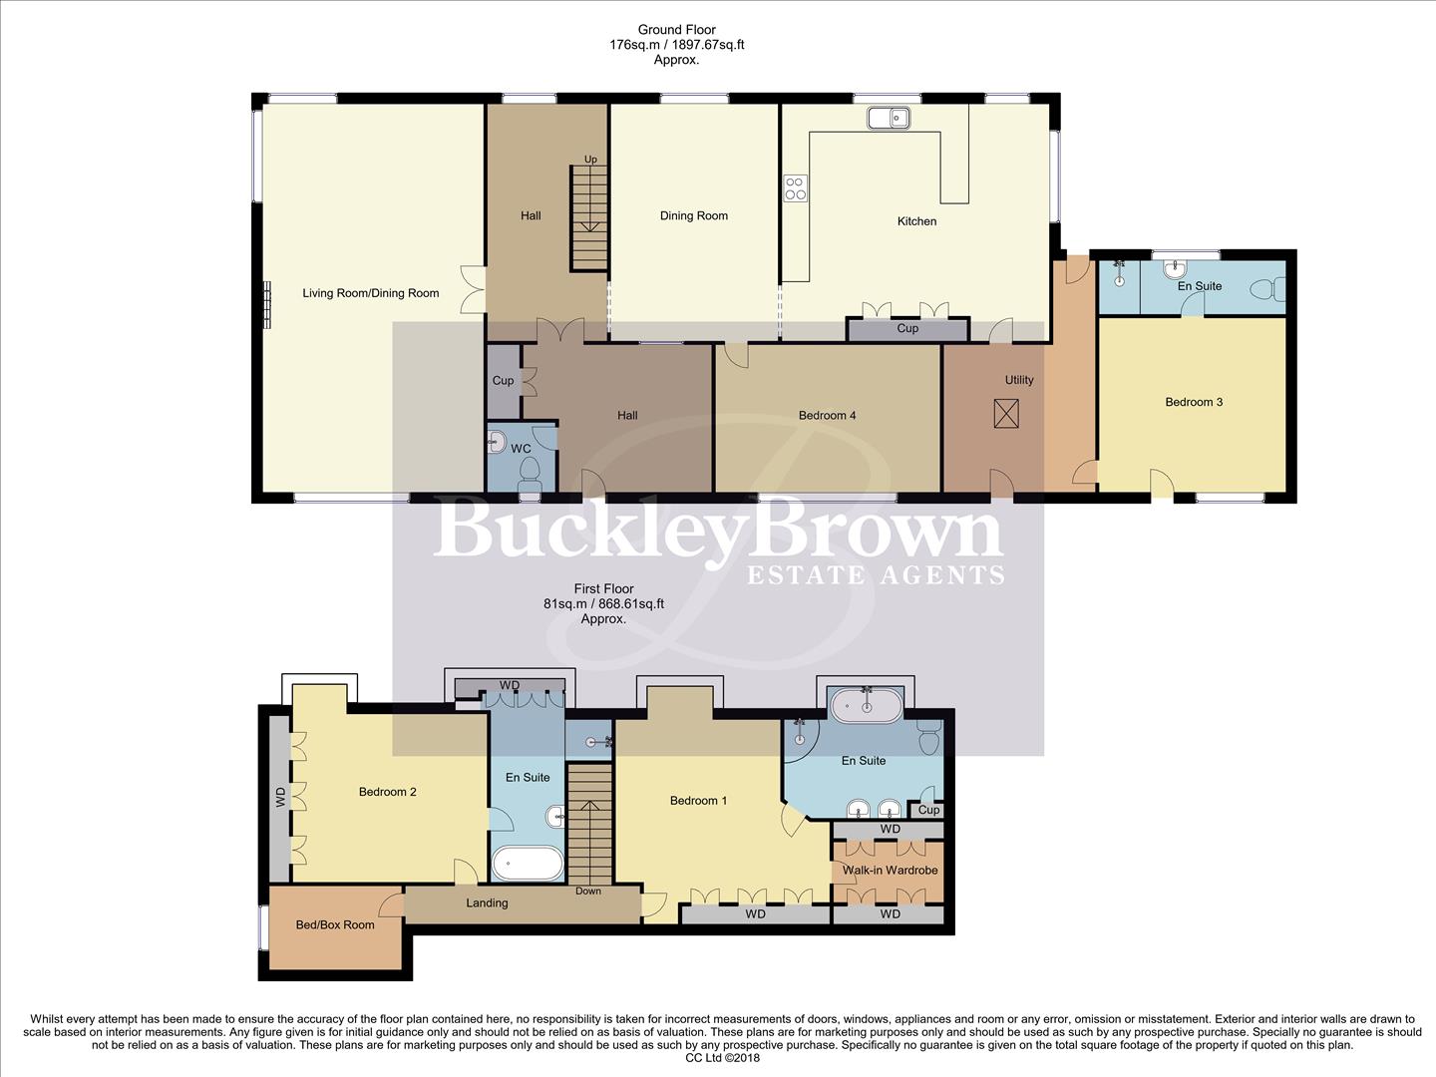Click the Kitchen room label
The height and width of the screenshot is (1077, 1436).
click(x=916, y=221)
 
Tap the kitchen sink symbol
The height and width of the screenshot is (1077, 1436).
click(x=889, y=118)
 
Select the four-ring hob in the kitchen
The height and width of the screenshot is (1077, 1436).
click(x=796, y=188)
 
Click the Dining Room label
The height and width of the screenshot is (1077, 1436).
click(x=693, y=215)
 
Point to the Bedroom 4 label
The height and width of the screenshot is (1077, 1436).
click(x=827, y=416)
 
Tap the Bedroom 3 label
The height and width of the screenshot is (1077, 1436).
click(x=1194, y=402)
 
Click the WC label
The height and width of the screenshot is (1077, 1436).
click(x=521, y=449)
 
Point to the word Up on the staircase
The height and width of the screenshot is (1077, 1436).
click(x=590, y=160)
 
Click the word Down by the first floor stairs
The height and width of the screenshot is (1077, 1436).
click(x=587, y=891)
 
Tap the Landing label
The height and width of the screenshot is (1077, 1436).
click(x=487, y=903)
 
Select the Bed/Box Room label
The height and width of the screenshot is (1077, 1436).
click(x=335, y=925)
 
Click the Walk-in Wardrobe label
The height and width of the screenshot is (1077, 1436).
click(x=890, y=871)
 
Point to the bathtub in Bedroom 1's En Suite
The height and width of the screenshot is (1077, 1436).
click(x=867, y=705)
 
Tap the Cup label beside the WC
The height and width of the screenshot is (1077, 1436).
click(x=503, y=380)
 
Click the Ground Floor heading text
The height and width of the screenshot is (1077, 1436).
click(x=676, y=30)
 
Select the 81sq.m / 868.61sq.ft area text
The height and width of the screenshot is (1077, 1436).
click(x=603, y=603)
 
